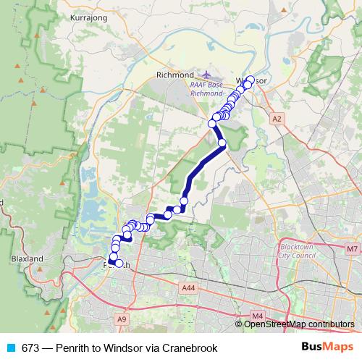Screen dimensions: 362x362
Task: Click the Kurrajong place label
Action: pyautogui.click(x=87, y=14)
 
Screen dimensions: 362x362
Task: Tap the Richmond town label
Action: pyautogui.click(x=174, y=75)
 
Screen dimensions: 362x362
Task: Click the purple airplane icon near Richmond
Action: pyautogui.click(x=206, y=74)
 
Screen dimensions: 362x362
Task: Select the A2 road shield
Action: pyautogui.click(x=277, y=117)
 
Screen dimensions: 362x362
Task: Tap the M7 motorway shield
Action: pyautogui.click(x=352, y=249)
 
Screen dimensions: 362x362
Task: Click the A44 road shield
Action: pyautogui.click(x=189, y=287)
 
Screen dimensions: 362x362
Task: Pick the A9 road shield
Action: pyautogui.click(x=121, y=318)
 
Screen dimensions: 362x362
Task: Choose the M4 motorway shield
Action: pyautogui.click(x=257, y=316)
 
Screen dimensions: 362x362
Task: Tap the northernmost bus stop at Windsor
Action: pyautogui.click(x=251, y=80)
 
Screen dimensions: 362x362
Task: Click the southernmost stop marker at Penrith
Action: pyautogui.click(x=119, y=263)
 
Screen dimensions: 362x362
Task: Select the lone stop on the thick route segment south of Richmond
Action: pyautogui.click(x=222, y=143)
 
